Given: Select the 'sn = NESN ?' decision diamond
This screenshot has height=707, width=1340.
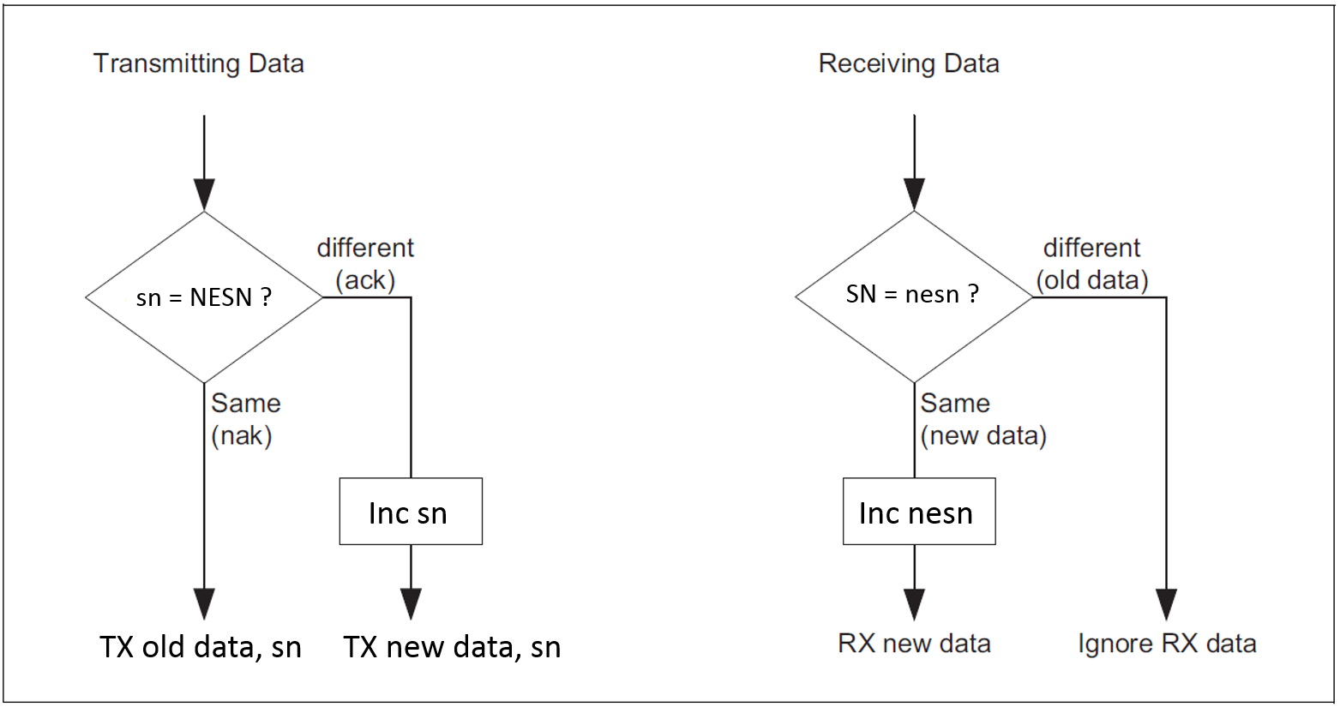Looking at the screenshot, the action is coord(204,297).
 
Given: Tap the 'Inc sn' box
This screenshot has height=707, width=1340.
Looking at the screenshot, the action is coord(411,512).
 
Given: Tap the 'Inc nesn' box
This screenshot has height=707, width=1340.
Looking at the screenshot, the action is coord(919,512).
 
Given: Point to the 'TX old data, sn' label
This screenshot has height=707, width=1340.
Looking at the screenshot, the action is coord(201,647).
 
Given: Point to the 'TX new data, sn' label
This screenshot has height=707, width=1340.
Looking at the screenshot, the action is coord(453,647).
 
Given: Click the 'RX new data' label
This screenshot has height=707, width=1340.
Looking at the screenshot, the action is coord(914,644).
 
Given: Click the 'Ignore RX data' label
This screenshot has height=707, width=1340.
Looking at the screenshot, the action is coord(1167,644).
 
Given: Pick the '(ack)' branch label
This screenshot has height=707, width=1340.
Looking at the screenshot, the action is coord(365,280).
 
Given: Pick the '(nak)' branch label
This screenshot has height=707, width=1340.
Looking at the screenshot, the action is coord(242,435).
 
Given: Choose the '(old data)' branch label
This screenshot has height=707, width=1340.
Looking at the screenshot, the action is coord(1092,280).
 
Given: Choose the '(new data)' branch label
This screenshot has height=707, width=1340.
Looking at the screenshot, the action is coord(983,435).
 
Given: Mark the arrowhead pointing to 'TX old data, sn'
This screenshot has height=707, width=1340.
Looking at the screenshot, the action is coord(204,604).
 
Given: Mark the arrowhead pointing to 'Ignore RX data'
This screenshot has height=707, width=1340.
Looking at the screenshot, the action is coord(1167,604).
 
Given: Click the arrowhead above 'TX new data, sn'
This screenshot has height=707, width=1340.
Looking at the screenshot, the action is coord(411,604).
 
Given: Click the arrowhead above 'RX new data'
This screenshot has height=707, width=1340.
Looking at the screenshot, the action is coord(914,604).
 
